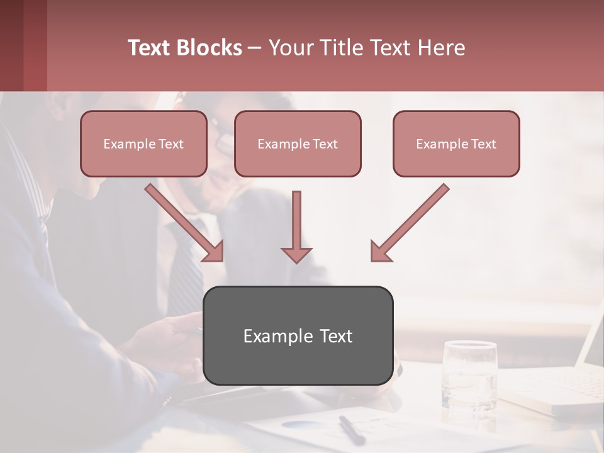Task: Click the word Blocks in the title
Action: pyautogui.click(x=210, y=48)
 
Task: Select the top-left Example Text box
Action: pyautogui.click(x=143, y=143)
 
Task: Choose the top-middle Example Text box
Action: pyautogui.click(x=298, y=143)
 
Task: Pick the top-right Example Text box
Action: pyautogui.click(x=456, y=143)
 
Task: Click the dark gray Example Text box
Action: pyautogui.click(x=298, y=335)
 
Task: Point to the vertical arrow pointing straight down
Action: pyautogui.click(x=296, y=226)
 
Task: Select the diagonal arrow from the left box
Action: pyautogui.click(x=185, y=223)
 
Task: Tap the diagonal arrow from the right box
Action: pyautogui.click(x=409, y=223)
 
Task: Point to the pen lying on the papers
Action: pyautogui.click(x=351, y=429)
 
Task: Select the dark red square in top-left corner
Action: pyautogui.click(x=23, y=45)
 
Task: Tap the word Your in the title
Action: pyautogui.click(x=290, y=48)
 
